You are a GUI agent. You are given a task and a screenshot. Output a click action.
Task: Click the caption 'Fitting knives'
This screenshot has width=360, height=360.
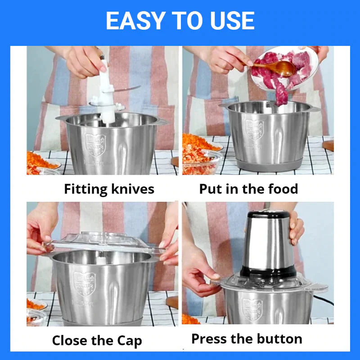(x=109, y=189)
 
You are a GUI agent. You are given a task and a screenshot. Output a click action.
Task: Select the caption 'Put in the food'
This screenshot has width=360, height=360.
(x=248, y=189)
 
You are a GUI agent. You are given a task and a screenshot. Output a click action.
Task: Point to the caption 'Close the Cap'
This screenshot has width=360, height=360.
(x=97, y=341)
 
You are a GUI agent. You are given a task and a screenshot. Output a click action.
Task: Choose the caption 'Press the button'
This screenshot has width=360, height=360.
(x=247, y=338)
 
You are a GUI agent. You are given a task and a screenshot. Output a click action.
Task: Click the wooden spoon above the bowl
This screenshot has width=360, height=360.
(x=274, y=68)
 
